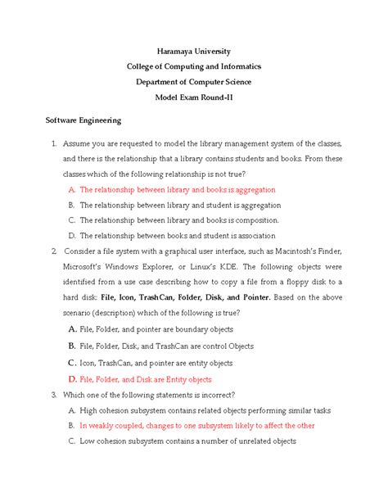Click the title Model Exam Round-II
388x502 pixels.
(x=194, y=97)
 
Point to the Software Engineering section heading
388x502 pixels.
(x=83, y=120)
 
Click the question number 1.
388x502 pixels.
(x=52, y=143)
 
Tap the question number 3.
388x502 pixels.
(x=52, y=395)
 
